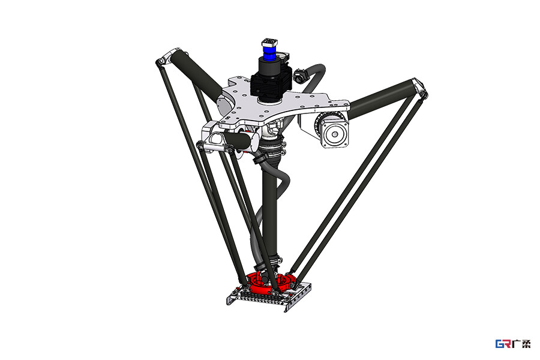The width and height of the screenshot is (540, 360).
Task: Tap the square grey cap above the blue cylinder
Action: click(269, 43)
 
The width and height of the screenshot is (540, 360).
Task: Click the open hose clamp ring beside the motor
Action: click(301, 76)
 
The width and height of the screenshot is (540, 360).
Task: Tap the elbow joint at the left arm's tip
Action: click(168, 58)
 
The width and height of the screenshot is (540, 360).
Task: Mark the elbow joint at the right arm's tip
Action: click(420, 88)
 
